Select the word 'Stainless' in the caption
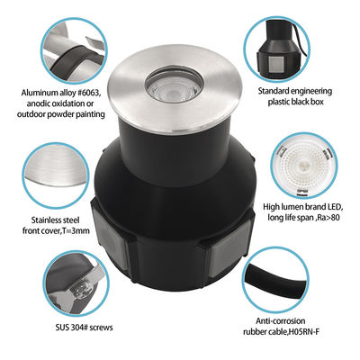[45, 220]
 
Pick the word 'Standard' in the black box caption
[273, 91]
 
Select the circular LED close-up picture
[304, 165]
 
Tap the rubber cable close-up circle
[275, 279]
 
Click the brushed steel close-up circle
[56, 175]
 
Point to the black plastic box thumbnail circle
[276, 49]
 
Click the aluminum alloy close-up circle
[75, 50]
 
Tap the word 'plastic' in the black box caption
[279, 102]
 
